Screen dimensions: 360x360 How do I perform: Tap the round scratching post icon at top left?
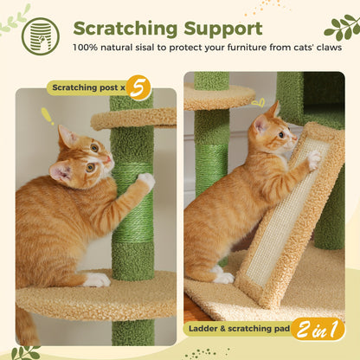point(40,35)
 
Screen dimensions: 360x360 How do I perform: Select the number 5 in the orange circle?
point(138,87)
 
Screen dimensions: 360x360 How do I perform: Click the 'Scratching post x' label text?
point(87,87)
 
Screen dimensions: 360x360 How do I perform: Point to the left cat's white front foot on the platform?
point(97,280)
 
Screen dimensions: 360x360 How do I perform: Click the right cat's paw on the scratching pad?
point(313,160)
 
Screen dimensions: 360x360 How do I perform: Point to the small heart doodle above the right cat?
point(257,102)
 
